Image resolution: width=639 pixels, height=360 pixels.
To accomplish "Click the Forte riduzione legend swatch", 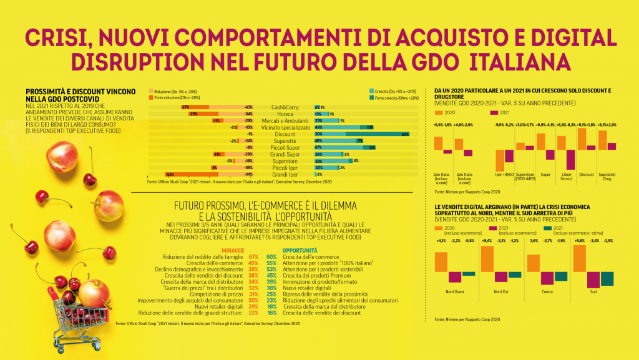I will click(x=150, y=97).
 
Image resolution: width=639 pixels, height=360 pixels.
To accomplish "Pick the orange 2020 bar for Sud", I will click(x=579, y=258).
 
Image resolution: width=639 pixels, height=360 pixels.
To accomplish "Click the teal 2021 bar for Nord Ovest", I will click(x=469, y=274).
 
